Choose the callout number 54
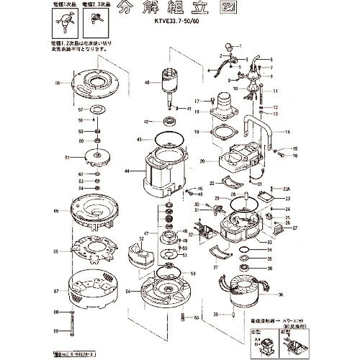[x=127, y=292]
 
